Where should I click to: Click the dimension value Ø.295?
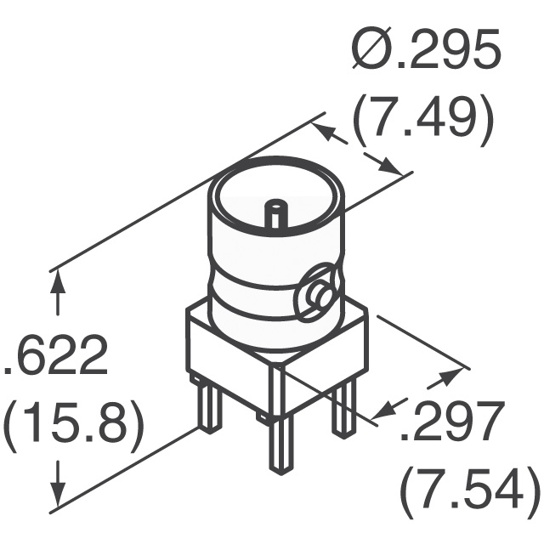[422, 54]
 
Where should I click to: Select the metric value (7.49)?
[422, 122]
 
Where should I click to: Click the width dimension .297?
[450, 422]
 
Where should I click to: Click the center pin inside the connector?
[275, 212]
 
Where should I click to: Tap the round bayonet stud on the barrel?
[322, 295]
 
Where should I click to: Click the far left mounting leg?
[207, 405]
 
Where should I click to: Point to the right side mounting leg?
[343, 408]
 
